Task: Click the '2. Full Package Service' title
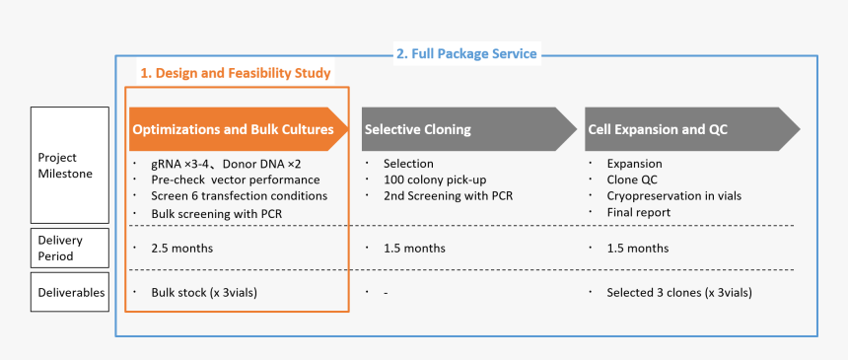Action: pos(466,54)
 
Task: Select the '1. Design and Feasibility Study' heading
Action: pos(236,73)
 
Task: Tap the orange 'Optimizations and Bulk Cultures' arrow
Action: pos(239,129)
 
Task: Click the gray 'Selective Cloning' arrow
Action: pos(469,129)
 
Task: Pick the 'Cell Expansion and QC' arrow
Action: pos(692,129)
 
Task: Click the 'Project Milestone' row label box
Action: pos(70,165)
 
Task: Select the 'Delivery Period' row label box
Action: pos(70,248)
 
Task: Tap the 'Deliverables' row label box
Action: pos(70,292)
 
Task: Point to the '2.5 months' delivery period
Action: pos(182,249)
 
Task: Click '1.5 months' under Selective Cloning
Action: pos(415,249)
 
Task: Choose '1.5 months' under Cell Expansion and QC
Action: pos(638,249)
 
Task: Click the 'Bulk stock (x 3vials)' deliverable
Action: pos(204,293)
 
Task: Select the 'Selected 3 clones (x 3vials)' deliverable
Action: pos(679,293)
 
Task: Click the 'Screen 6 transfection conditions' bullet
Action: pos(240,195)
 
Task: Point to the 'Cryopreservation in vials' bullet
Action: pos(674,195)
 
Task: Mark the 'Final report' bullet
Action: pos(639,212)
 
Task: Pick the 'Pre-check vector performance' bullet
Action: pos(236,180)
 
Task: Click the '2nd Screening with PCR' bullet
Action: pos(449,195)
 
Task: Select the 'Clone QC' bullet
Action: pos(632,180)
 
